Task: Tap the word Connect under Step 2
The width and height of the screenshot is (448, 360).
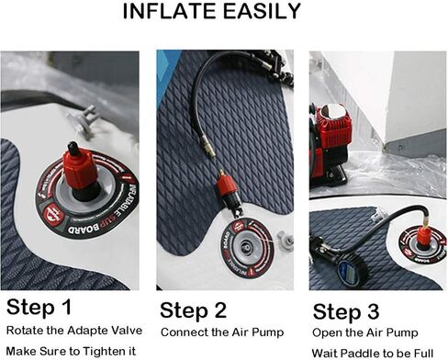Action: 185,332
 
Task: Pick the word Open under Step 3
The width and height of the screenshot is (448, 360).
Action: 328,332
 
